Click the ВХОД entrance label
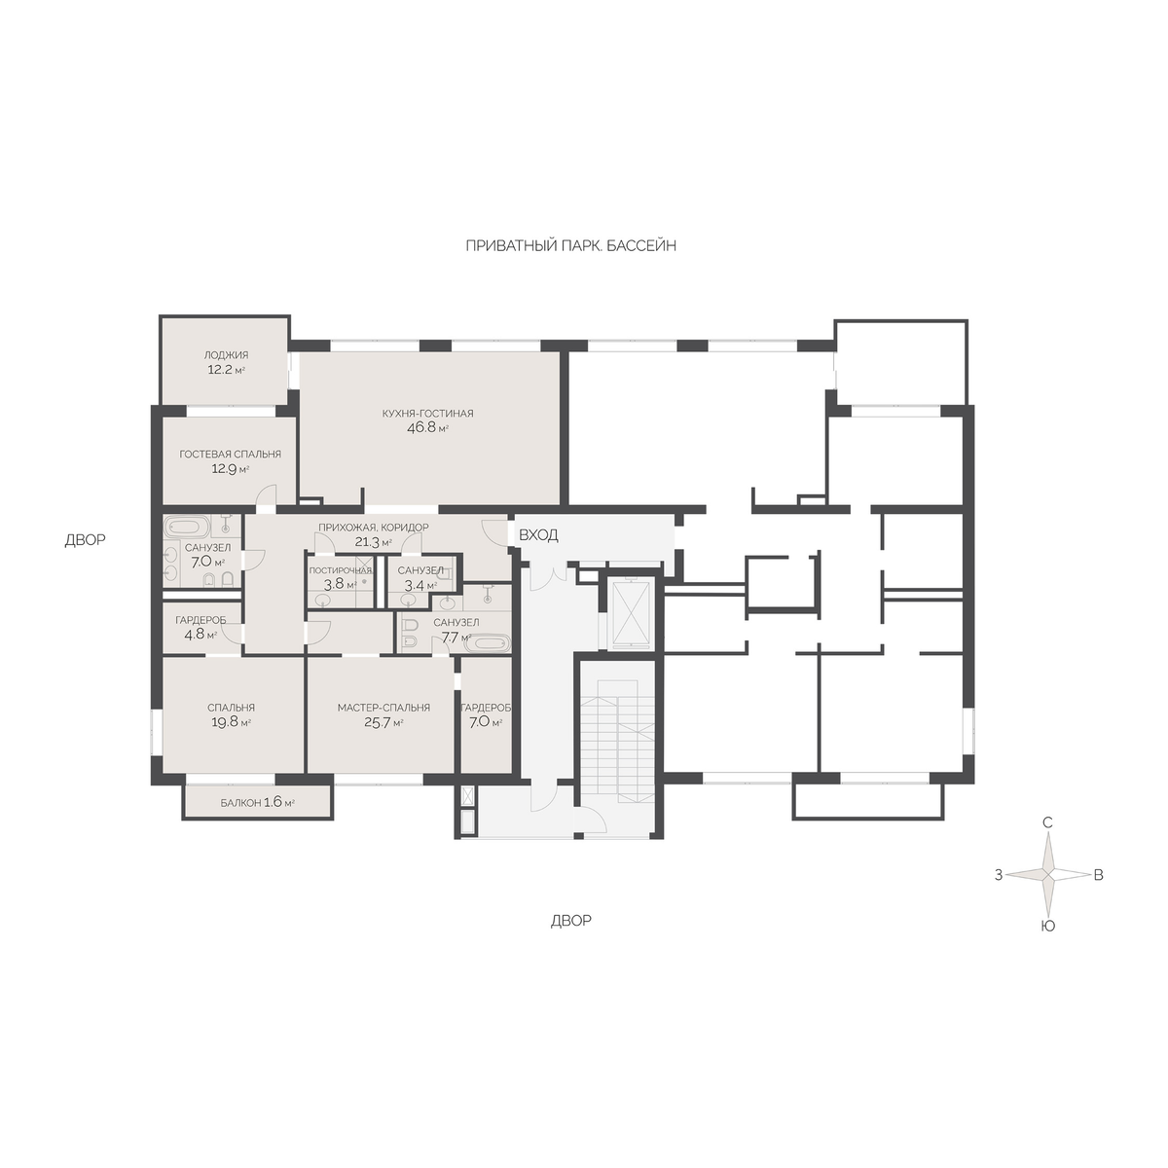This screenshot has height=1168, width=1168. point(538,535)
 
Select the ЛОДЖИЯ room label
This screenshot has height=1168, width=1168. point(226,355)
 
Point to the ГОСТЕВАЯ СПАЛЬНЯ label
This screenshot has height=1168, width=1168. point(231,454)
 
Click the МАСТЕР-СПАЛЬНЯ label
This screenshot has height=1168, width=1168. point(383,708)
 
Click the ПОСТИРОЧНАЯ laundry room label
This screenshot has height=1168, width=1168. point(340,570)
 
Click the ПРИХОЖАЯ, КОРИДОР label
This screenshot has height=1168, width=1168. point(374,528)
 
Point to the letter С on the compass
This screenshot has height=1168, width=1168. point(1047,822)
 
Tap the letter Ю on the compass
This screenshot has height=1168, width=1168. point(1047,927)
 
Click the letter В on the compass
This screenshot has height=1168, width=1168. point(1098,875)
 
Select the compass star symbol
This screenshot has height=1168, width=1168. point(1047,875)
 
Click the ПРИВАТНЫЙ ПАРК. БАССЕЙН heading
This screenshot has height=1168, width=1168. point(571,245)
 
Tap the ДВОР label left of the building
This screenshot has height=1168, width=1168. point(86,539)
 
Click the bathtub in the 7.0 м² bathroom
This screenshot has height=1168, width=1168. point(187,525)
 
